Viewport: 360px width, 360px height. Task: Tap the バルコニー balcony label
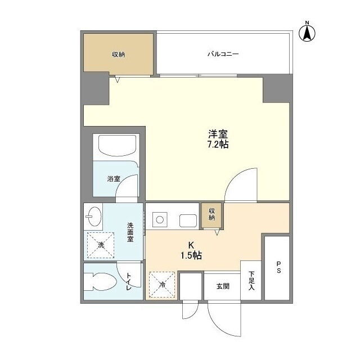point(223,54)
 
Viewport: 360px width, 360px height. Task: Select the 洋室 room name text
point(218,134)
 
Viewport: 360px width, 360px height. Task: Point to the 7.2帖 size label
point(218,145)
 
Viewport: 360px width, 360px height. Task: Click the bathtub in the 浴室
point(117,146)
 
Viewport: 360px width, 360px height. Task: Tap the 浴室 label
point(114,179)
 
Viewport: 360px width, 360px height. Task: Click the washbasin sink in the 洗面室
point(93,216)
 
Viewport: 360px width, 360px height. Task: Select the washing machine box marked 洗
point(101,245)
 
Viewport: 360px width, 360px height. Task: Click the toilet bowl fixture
point(99,282)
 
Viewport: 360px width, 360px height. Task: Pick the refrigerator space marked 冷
point(162,285)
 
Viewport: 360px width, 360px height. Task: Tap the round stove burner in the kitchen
point(160,220)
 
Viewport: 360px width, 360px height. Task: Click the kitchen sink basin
point(188,220)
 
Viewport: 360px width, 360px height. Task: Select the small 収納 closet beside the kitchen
point(211,215)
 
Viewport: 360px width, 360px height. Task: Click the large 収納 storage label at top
point(119,55)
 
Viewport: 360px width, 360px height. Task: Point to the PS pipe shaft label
point(278,267)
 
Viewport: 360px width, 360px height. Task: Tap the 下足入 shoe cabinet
point(251,280)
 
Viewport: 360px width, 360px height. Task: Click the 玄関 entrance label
point(223,286)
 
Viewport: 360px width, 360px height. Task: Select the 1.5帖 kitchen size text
point(191,255)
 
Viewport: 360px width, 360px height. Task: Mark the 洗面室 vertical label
point(130,232)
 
